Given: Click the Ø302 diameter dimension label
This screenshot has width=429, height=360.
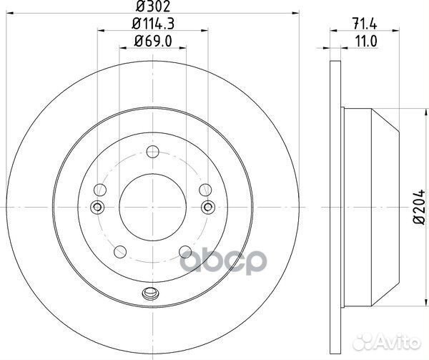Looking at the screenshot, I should click(x=152, y=9).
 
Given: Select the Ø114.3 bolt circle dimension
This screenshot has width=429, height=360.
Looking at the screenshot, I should click(x=152, y=26).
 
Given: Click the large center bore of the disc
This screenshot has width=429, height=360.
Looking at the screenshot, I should click(x=152, y=207).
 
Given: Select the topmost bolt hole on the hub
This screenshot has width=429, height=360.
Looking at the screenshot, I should click(x=152, y=151).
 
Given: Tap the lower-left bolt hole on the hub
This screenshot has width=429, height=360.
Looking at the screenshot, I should click(x=120, y=251).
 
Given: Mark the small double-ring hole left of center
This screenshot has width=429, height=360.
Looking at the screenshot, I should click(x=98, y=208).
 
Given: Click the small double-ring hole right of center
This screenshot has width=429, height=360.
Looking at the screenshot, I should click(x=207, y=208).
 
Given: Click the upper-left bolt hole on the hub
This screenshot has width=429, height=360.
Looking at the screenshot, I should click(x=100, y=190).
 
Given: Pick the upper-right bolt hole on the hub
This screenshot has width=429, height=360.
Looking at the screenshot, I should click(x=205, y=190).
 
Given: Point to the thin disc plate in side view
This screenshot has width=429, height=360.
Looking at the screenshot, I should click(x=336, y=207).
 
